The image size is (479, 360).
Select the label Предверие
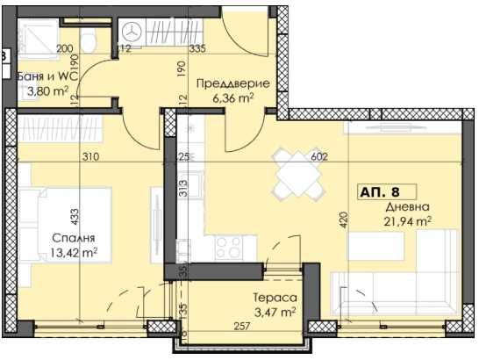coord(232,84)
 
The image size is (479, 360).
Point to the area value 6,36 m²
coord(232,99)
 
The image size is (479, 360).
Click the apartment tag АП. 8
coord(379,191)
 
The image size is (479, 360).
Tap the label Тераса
coord(269,298)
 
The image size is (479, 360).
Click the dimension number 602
coord(318,157)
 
